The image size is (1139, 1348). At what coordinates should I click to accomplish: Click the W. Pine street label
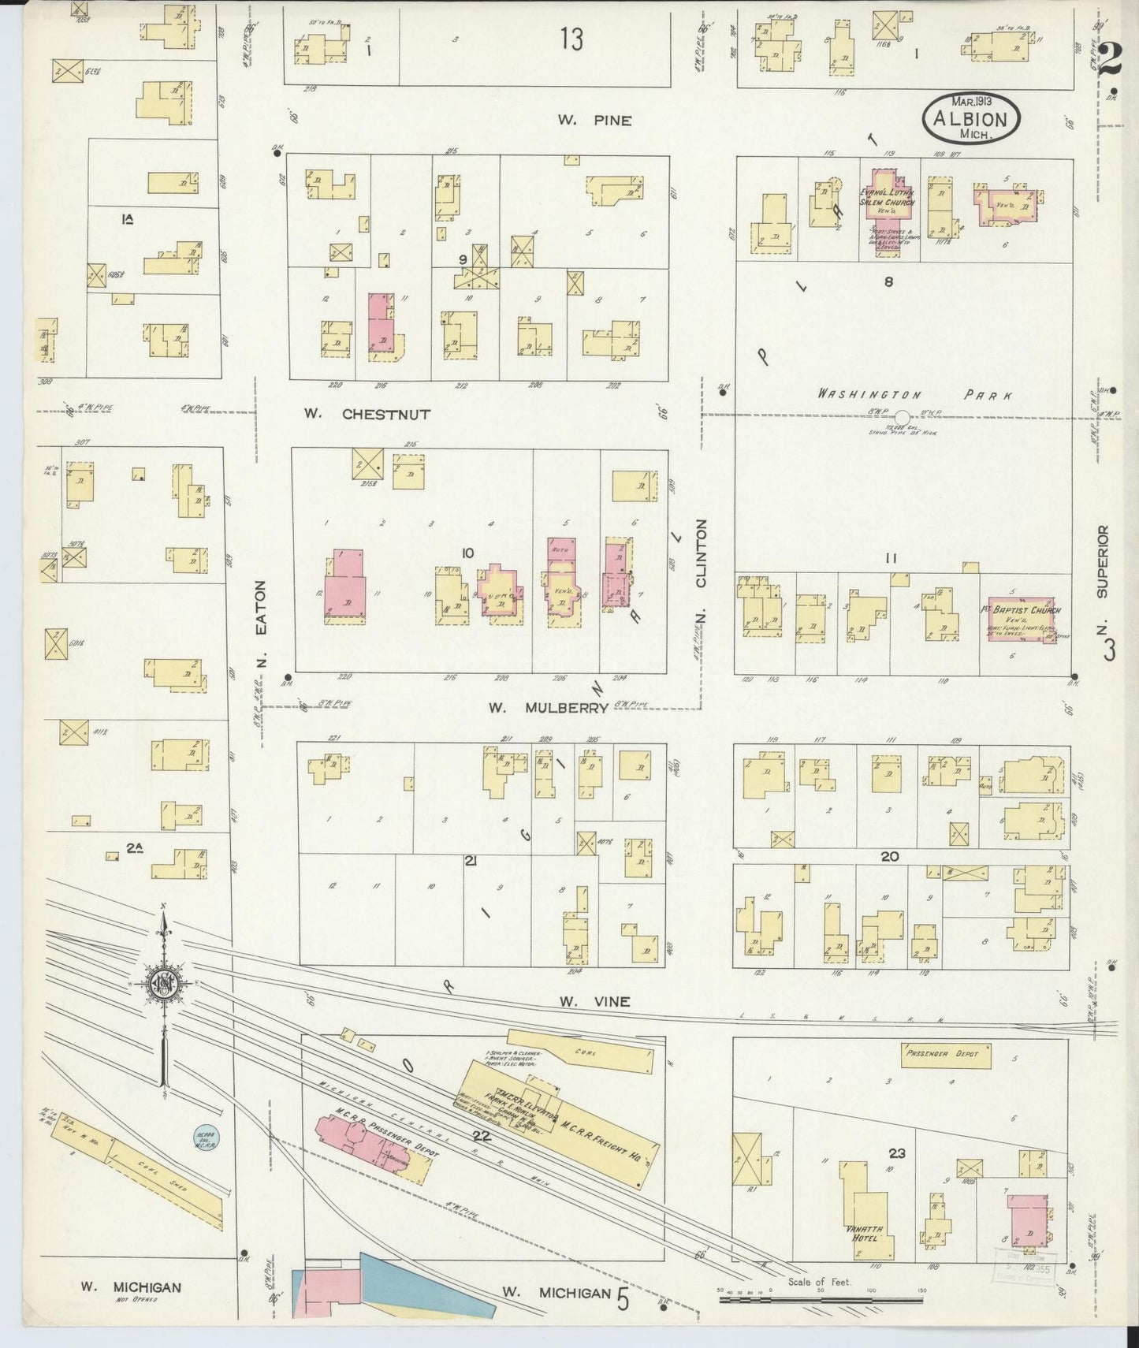click(x=594, y=121)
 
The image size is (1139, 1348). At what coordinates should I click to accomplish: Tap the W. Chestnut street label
click(x=368, y=413)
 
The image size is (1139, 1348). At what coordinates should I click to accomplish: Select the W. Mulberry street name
click(x=548, y=708)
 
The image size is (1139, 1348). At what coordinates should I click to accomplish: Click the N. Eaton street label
click(x=263, y=623)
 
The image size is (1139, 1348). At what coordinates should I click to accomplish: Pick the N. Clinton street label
click(x=700, y=553)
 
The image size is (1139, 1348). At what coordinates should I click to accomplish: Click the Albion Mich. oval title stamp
click(x=970, y=118)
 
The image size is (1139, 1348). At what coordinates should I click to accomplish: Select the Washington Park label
click(x=914, y=394)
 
